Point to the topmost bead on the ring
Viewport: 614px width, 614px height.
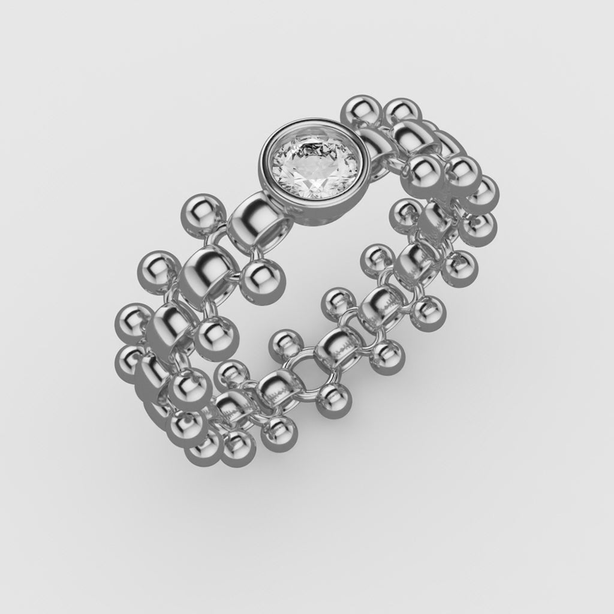[359, 112]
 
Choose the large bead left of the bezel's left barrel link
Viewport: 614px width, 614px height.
[202, 213]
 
